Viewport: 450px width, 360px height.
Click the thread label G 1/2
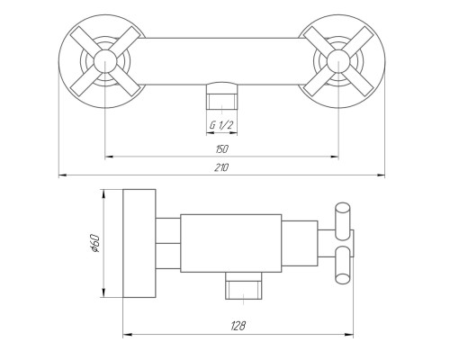coord(221,124)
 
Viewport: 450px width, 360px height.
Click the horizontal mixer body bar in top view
coord(221,61)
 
